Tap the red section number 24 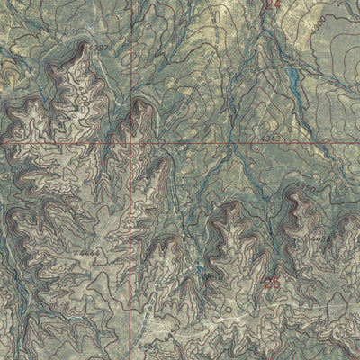click(274, 5)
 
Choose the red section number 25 click(274, 284)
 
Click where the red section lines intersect click(133, 142)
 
